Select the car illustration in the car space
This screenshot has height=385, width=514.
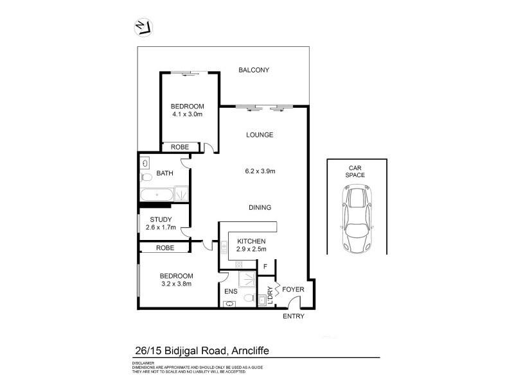[355, 218]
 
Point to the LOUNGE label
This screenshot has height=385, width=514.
[260, 135]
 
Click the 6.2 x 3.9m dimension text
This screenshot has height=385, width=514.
[260, 171]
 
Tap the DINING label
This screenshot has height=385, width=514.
[260, 207]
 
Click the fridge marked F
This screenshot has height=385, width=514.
[265, 267]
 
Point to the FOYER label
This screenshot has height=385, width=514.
[292, 290]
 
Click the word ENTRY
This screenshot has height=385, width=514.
[292, 316]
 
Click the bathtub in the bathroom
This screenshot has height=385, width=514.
[155, 194]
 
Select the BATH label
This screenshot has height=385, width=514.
[164, 173]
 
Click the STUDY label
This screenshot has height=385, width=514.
[161, 219]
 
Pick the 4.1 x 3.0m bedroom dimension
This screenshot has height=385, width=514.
[187, 114]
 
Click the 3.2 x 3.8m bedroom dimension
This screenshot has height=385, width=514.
[176, 283]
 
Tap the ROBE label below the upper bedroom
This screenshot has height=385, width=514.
[179, 147]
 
